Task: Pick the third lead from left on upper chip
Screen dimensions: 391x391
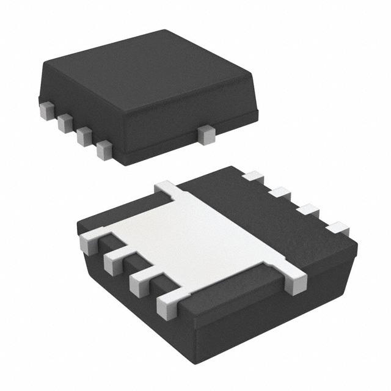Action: pyautogui.click(x=84, y=137)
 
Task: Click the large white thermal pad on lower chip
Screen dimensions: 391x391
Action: pyautogui.click(x=202, y=235)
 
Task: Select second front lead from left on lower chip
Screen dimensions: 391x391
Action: pyautogui.click(x=114, y=263)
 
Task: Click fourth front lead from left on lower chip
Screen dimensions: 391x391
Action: pyautogui.click(x=167, y=305)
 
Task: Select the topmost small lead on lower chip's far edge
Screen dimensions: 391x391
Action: pyautogui.click(x=252, y=177)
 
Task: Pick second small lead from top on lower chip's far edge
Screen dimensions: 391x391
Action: pyautogui.click(x=280, y=193)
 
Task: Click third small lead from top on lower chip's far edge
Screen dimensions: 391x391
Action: pyautogui.click(x=309, y=210)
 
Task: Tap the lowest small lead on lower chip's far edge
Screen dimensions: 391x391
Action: pyautogui.click(x=337, y=229)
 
